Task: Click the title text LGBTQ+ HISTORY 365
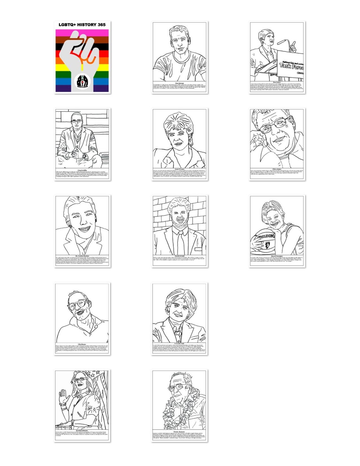82,25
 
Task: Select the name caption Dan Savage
180,83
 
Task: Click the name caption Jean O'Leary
180,170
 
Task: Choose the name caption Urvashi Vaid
180,343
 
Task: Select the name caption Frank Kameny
180,432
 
